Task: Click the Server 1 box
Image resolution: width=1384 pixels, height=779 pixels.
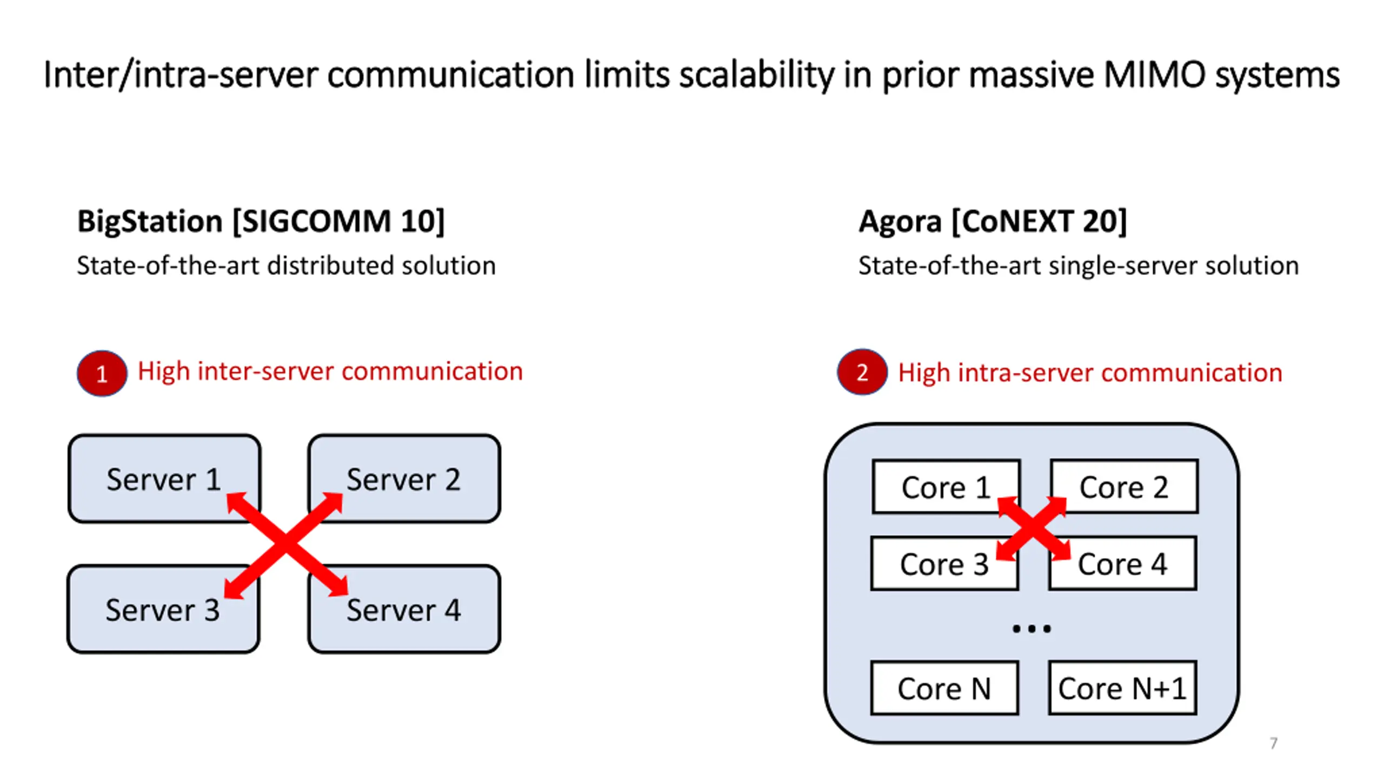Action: click(x=164, y=478)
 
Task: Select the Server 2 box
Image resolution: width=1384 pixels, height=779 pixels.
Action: click(x=404, y=478)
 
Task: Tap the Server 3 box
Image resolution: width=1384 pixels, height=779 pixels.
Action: click(x=163, y=609)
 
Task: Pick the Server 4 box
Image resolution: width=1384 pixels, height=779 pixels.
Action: click(x=404, y=609)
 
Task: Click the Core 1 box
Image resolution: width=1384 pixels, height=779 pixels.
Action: click(x=946, y=486)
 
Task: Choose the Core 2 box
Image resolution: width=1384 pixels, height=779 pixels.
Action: click(x=1124, y=486)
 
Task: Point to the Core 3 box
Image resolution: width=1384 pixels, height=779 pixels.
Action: click(x=944, y=563)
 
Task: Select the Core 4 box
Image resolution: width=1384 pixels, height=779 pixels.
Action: click(x=1122, y=563)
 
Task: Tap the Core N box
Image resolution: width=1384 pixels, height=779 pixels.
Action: click(x=944, y=688)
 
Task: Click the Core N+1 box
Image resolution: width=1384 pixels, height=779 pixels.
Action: click(x=1122, y=688)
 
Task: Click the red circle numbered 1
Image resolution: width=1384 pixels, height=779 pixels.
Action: click(x=102, y=373)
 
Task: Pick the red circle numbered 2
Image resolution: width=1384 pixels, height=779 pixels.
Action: click(x=862, y=372)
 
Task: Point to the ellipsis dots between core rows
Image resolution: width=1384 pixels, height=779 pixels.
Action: click(x=1032, y=629)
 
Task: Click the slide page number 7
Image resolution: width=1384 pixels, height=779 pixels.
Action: click(x=1274, y=743)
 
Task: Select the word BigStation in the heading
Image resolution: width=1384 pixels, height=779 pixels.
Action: click(x=150, y=221)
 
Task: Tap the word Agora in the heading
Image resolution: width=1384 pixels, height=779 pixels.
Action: click(x=900, y=222)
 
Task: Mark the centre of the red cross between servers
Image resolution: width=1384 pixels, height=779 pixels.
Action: click(x=285, y=545)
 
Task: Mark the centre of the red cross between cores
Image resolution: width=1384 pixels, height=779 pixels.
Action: click(x=1033, y=529)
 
